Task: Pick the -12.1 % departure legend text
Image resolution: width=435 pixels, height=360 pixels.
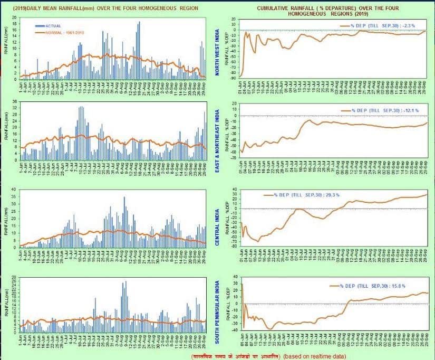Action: tap(380, 110)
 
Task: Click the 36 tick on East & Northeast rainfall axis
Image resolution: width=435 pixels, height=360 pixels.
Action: tap(15, 102)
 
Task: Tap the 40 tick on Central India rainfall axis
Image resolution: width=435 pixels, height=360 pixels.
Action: tap(15, 189)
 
